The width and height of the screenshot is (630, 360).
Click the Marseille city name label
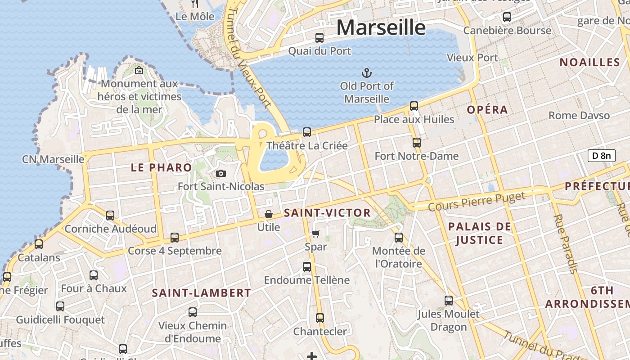(x=381, y=28)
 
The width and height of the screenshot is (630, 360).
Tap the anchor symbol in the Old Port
(x=367, y=72)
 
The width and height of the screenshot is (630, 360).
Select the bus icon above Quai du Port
(x=319, y=38)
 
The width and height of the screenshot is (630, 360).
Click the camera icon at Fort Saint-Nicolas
(x=221, y=173)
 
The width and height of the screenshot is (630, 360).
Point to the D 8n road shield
(x=601, y=156)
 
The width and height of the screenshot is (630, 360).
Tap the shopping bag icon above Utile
(x=269, y=214)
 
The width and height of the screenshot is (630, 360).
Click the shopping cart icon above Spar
(x=315, y=233)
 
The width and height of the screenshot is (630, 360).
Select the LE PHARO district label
(x=162, y=168)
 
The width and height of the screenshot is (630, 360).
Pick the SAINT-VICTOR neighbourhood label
(x=328, y=213)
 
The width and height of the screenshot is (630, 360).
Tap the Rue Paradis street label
(x=565, y=243)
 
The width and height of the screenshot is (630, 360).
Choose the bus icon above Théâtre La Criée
(x=307, y=132)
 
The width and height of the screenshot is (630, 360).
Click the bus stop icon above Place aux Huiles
(x=414, y=106)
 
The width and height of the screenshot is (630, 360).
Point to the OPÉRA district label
(x=487, y=110)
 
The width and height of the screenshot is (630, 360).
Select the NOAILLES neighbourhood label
(x=589, y=63)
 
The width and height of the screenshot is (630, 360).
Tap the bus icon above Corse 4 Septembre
(x=175, y=237)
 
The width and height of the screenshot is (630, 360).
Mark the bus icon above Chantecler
(x=320, y=318)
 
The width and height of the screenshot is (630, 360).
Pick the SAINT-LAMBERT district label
(x=201, y=293)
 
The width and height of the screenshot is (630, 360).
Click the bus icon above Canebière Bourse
(x=507, y=17)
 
